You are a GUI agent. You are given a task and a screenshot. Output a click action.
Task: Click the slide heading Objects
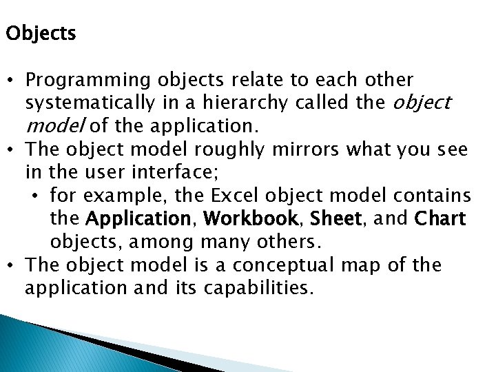click(41, 34)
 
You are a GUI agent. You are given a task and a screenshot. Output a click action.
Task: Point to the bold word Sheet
click(335, 219)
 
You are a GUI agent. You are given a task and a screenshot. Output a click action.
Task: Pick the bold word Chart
click(441, 219)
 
